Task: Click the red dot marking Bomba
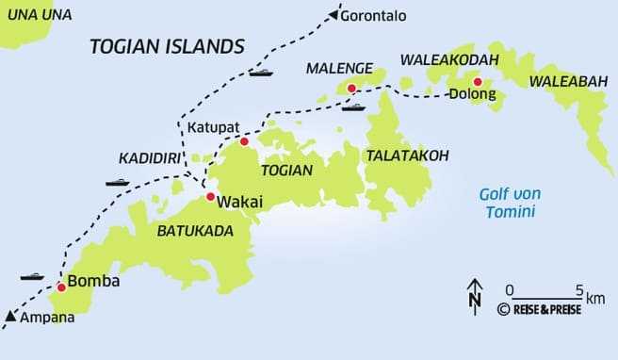point(61,286)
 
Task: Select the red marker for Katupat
point(244,141)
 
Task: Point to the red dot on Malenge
point(351,89)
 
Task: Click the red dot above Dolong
point(478,81)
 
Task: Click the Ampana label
point(42,318)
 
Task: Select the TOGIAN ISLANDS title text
point(167,46)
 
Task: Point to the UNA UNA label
point(40,14)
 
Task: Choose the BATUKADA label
point(195,230)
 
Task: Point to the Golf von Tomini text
point(510,203)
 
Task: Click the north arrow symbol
point(475,294)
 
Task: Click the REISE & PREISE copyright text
point(540,309)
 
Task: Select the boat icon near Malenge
point(352,106)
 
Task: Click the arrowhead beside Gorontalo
point(332,14)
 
